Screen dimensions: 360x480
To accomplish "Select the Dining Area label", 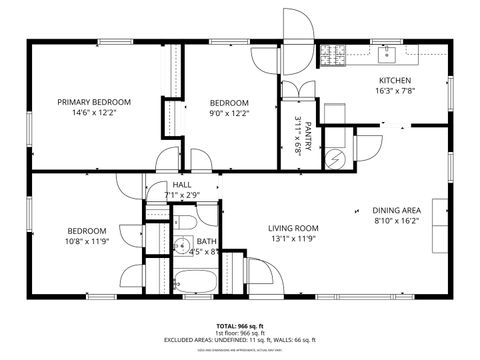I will tap(396, 210).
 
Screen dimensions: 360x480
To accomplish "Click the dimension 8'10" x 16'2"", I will tap(396, 222).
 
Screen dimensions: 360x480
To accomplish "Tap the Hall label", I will tap(182, 184).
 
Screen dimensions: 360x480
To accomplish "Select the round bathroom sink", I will tap(182, 245).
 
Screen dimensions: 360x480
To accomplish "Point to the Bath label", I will tap(206, 241).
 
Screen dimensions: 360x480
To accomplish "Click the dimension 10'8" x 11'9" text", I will tap(86, 241).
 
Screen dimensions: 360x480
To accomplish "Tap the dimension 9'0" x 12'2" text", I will tap(228, 113).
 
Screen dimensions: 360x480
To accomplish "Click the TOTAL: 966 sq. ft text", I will tap(239, 326).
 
